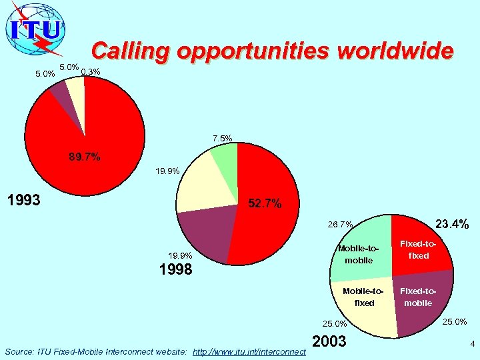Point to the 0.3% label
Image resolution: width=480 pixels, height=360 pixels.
[x=91, y=72]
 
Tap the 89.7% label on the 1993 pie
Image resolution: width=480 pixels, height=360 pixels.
[x=85, y=157]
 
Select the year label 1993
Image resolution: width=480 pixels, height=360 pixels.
[x=23, y=199]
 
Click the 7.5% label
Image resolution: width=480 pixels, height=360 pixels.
[x=223, y=139]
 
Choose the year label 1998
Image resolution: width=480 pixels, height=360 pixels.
[x=176, y=269]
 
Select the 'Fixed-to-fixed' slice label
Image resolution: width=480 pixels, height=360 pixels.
[x=419, y=250]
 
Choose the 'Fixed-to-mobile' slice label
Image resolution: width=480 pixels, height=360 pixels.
[x=418, y=297]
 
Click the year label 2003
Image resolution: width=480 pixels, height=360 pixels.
[x=329, y=341]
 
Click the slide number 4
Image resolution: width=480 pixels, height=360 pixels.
[x=472, y=345]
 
